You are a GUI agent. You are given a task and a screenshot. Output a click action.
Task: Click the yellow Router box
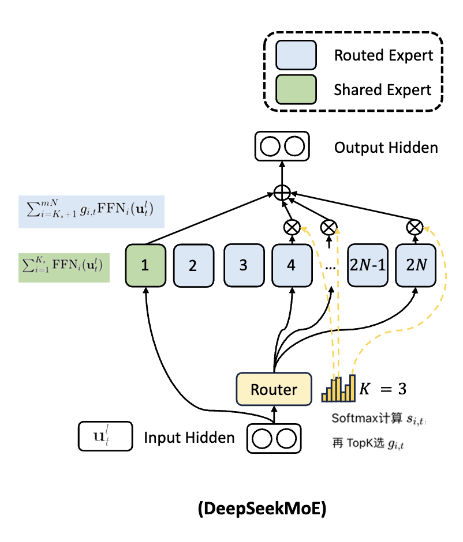[x=274, y=389]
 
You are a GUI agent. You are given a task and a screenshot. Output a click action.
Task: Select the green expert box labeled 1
[x=145, y=265]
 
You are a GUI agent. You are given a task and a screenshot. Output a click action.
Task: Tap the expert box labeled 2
[x=193, y=265]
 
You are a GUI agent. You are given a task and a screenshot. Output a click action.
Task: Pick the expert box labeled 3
[x=244, y=265]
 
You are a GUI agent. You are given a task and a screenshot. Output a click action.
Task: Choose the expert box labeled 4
[x=292, y=265]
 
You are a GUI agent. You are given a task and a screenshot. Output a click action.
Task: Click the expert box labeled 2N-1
[x=368, y=265]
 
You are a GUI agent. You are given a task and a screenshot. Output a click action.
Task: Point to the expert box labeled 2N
[x=416, y=265]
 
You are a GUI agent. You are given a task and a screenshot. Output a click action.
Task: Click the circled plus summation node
[x=282, y=193]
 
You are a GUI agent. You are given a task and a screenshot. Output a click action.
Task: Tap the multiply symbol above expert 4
[x=292, y=227]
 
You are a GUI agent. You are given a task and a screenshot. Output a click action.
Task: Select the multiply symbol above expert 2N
[x=415, y=227]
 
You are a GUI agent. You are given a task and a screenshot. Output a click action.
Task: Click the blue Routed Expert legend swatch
[x=296, y=55]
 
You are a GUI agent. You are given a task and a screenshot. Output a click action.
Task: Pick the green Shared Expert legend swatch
[x=296, y=89]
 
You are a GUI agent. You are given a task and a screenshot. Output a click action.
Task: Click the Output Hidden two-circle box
[x=282, y=146]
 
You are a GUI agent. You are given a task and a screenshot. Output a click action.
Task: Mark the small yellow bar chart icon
[x=338, y=388]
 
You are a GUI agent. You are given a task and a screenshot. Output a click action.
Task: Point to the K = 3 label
[x=383, y=389]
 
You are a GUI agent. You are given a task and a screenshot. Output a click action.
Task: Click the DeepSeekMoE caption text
[x=262, y=508]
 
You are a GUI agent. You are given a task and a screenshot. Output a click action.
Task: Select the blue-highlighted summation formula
[x=91, y=212]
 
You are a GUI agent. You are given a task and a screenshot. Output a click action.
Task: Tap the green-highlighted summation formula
[x=64, y=268]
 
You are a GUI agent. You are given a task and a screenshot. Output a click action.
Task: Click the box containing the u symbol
[x=105, y=436]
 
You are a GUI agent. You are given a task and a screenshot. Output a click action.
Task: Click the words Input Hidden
[x=189, y=438]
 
